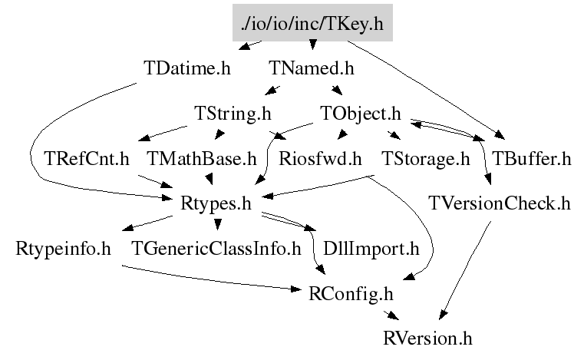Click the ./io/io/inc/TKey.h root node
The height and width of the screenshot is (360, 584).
[312, 25]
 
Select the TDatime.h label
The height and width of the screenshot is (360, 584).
[187, 67]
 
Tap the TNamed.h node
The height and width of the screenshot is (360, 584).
[312, 67]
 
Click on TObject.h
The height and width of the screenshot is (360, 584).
[360, 114]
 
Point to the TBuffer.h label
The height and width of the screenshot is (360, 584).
[532, 160]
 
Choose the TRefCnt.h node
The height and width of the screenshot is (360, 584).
[87, 160]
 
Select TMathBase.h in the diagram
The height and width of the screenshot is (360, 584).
[201, 160]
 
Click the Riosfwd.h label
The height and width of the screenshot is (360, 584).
[320, 160]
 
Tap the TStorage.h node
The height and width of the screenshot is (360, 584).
[425, 160]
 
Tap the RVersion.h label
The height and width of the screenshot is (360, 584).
[428, 337]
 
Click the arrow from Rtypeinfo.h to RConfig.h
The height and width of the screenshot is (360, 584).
[207, 279]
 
